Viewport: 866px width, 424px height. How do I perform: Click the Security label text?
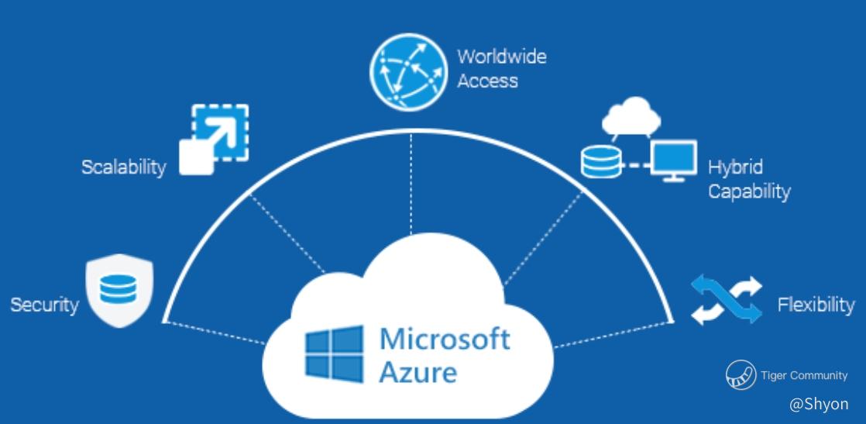[44, 305]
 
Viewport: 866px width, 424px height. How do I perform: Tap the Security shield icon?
[120, 292]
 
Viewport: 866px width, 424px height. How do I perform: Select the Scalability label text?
[123, 167]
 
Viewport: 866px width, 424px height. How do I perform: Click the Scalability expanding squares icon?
[215, 139]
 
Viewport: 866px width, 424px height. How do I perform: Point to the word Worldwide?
[501, 57]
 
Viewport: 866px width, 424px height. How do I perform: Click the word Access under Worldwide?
[487, 80]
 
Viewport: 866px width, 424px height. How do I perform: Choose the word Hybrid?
[735, 167]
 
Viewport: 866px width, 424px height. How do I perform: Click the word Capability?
[749, 191]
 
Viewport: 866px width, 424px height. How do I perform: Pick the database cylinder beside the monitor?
[600, 160]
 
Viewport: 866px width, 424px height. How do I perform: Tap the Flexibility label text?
[816, 305]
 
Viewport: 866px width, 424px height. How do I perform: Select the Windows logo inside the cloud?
[334, 352]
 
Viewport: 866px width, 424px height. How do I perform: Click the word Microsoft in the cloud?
[445, 339]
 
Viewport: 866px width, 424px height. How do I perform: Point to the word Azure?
[418, 372]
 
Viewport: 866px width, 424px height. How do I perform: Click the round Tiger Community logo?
[741, 375]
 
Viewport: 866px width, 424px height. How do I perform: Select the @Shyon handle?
[819, 404]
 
